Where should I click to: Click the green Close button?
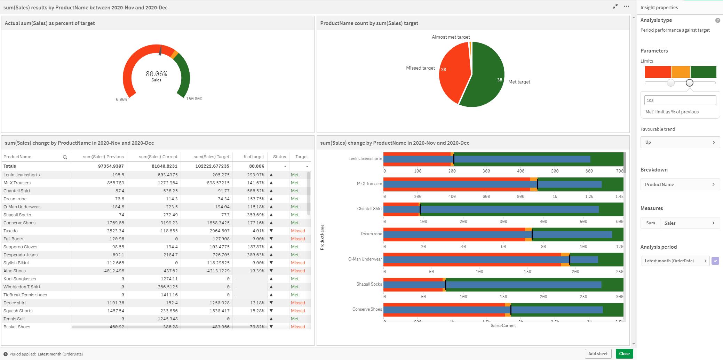tap(624, 354)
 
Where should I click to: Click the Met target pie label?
tap(519, 82)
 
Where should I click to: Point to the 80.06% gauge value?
tap(156, 74)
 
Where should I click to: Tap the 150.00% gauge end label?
tap(194, 99)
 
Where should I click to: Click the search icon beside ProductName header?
tap(65, 157)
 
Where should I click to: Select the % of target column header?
tap(254, 157)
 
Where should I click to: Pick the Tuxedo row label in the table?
tap(11, 231)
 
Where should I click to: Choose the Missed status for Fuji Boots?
tap(298, 239)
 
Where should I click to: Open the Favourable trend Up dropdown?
tap(680, 142)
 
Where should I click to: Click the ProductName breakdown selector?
tap(680, 184)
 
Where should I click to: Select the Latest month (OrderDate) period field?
tap(675, 261)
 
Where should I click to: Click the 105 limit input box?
tap(680, 101)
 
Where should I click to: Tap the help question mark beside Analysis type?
tap(717, 21)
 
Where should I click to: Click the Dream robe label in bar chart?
tap(371, 234)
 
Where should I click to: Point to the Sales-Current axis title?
tap(503, 326)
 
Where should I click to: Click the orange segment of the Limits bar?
tap(681, 72)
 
